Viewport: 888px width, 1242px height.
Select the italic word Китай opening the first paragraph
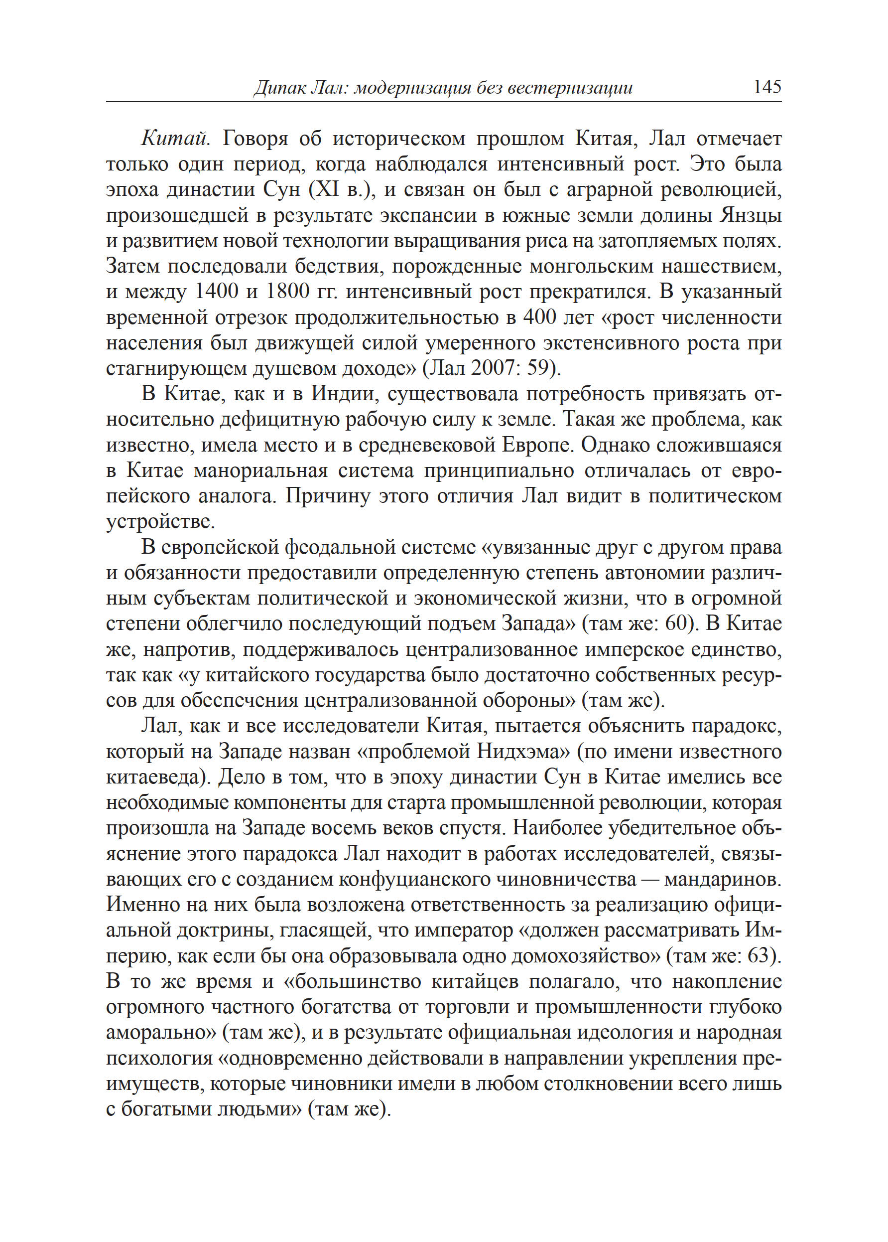[174, 139]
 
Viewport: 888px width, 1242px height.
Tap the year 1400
[217, 292]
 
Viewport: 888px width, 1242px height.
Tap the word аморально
[161, 1032]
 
